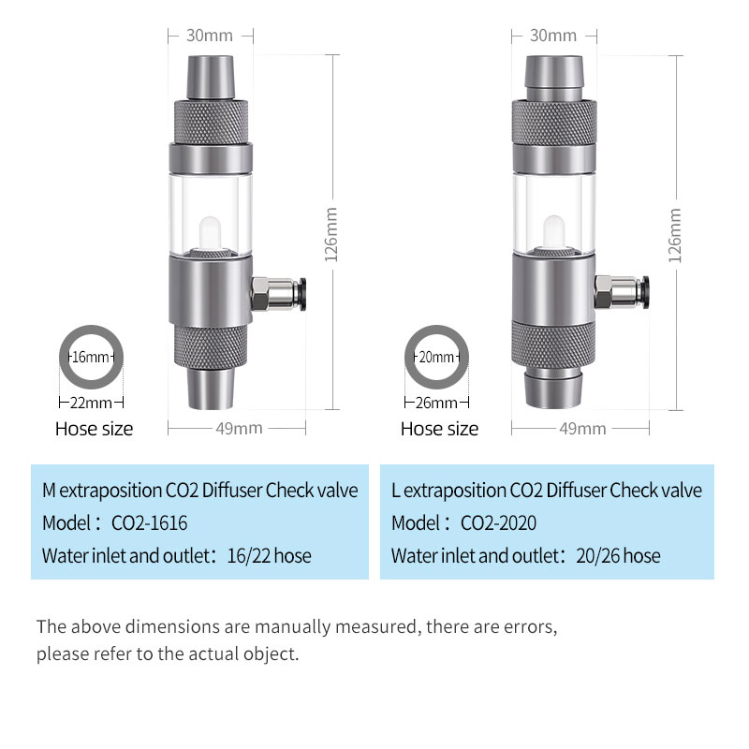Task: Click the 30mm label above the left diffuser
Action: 209,36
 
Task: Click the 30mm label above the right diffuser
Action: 553,36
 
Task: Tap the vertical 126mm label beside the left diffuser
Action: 331,235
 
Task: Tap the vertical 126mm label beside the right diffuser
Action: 674,236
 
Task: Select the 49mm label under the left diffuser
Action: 239,428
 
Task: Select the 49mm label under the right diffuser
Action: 582,429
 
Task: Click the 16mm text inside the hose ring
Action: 91,357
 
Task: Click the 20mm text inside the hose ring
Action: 436,357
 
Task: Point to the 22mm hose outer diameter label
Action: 91,403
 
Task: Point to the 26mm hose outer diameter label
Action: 436,403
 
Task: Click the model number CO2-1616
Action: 149,523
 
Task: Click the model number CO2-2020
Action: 498,523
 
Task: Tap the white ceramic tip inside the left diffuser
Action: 210,232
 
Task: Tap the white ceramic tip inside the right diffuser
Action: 553,231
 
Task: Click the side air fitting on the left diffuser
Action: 278,294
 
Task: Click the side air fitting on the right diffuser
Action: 622,292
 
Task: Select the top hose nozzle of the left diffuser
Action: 210,78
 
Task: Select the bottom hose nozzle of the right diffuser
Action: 553,389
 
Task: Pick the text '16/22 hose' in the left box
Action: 269,555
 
